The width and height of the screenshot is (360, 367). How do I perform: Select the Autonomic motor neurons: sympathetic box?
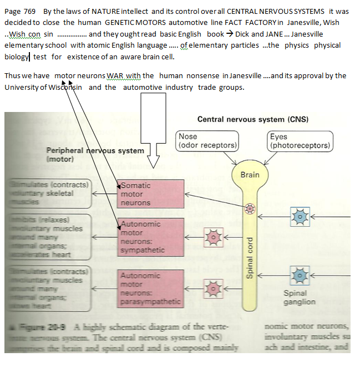coord(150,237)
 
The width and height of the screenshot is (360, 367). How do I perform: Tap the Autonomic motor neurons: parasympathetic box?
coord(150,288)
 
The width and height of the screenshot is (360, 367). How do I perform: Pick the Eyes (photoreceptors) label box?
coord(300,141)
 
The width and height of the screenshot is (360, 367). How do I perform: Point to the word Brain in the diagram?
coord(250,175)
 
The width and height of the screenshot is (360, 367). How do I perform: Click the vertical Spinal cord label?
coord(250,261)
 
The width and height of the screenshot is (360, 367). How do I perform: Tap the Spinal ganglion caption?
coord(300,298)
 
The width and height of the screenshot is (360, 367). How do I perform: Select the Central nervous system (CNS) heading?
coord(252,119)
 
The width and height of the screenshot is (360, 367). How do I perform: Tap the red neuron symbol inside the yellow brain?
coord(250,208)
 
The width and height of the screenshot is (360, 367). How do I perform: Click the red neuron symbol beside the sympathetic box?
coord(212,238)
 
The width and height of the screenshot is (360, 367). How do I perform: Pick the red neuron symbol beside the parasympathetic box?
coord(212,288)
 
